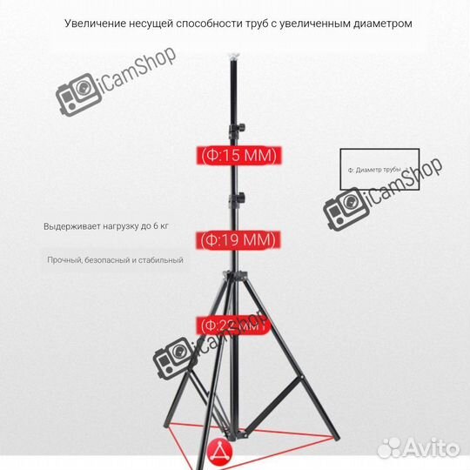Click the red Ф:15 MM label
237,156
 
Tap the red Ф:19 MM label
237,238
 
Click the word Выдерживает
73,226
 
